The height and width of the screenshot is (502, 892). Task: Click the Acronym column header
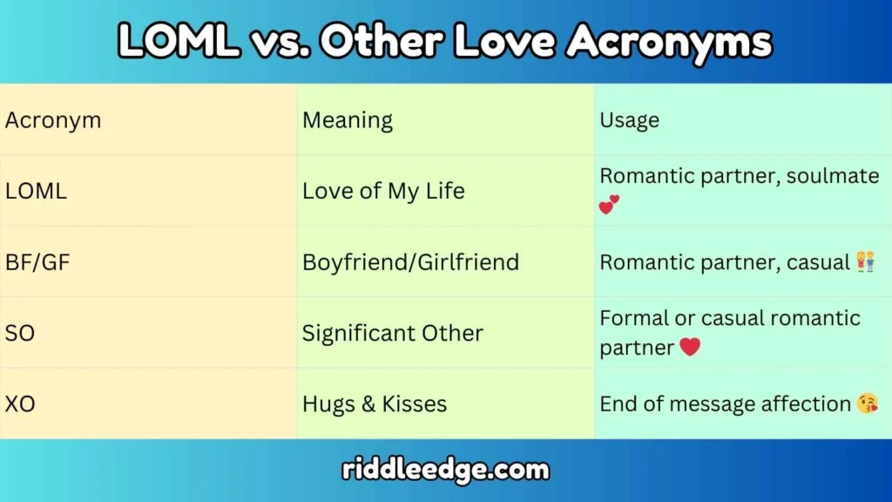coord(53,120)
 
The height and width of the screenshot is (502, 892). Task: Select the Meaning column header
coord(348,120)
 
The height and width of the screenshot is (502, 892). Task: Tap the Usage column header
coord(629,120)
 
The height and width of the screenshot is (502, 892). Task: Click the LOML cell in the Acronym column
coord(36,191)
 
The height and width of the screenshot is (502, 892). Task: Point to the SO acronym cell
coord(20,333)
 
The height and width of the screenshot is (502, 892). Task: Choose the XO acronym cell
coord(20,404)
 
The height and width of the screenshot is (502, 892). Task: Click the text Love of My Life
coord(383,191)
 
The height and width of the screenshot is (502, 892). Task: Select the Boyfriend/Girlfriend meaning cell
coord(410,261)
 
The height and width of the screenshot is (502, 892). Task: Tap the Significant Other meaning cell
coord(392,333)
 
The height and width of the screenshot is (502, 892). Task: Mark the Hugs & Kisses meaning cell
coord(375,404)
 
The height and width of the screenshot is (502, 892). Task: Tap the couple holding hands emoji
coord(866,261)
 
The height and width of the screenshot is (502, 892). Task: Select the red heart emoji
coord(690,347)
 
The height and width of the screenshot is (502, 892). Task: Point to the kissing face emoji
coord(867,404)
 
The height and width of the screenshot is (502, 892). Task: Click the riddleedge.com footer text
coord(445,471)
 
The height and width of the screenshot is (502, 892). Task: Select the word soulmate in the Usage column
coord(833,176)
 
